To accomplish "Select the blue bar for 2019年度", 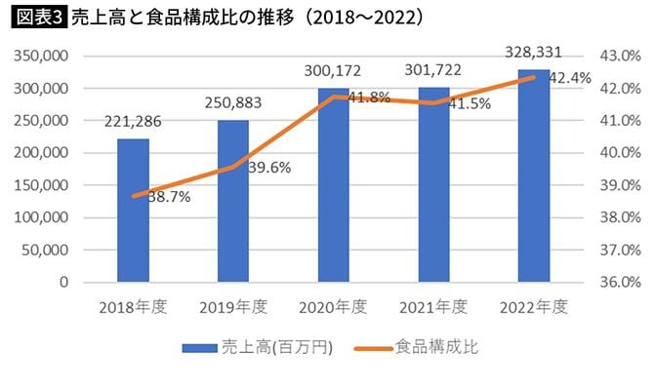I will pyautogui.click(x=233, y=201).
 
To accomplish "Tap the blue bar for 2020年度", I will pyautogui.click(x=333, y=185).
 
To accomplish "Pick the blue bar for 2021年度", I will pyautogui.click(x=433, y=185).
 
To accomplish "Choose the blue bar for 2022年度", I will pyautogui.click(x=533, y=175).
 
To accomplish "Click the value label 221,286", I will pyautogui.click(x=134, y=122).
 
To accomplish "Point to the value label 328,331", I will pyautogui.click(x=533, y=52).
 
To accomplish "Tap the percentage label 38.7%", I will pyautogui.click(x=169, y=198).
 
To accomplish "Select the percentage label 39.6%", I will pyautogui.click(x=268, y=168).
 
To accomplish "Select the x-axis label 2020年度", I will pyautogui.click(x=333, y=306).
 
